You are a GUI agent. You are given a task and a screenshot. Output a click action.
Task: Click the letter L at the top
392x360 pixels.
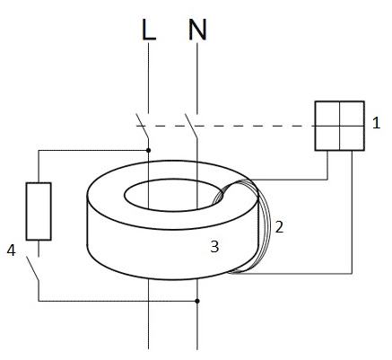pyautogui.click(x=149, y=31)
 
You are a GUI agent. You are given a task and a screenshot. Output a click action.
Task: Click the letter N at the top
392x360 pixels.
pyautogui.click(x=197, y=30)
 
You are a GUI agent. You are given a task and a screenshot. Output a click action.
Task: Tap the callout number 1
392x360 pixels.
pyautogui.click(x=376, y=123)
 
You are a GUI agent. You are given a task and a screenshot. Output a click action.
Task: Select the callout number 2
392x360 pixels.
pyautogui.click(x=279, y=227)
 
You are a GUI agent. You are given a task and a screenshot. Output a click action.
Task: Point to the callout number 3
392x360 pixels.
pyautogui.click(x=214, y=247)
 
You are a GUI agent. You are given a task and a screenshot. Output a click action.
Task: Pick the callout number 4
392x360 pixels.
pyautogui.click(x=11, y=250)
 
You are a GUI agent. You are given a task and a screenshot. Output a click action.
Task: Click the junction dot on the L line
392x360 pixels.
pyautogui.click(x=148, y=150)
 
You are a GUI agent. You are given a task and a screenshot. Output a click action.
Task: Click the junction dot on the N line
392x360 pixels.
pyautogui.click(x=197, y=301)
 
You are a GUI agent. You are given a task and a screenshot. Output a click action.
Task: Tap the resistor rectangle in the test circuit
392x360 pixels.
pyautogui.click(x=39, y=211)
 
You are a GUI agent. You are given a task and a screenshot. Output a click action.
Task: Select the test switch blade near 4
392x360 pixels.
pyautogui.click(x=32, y=268)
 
